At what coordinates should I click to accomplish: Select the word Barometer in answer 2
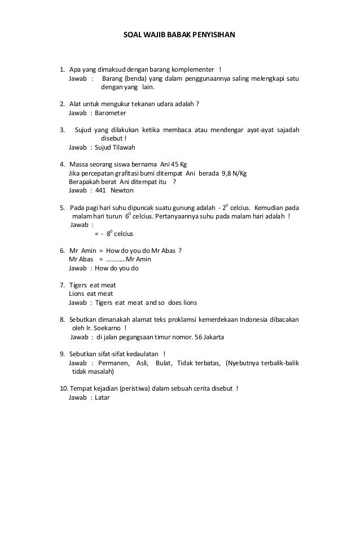(x=111, y=113)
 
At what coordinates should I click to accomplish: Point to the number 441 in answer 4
(x=100, y=190)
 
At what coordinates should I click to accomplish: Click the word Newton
(x=122, y=190)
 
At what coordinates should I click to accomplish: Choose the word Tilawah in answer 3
(x=116, y=147)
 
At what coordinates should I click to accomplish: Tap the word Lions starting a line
(x=76, y=294)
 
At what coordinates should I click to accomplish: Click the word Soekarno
(x=104, y=329)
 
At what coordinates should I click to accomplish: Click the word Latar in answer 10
(x=102, y=397)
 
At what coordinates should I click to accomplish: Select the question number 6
(x=62, y=250)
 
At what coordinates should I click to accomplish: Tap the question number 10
(x=64, y=388)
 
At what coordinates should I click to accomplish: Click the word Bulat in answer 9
(x=164, y=363)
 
